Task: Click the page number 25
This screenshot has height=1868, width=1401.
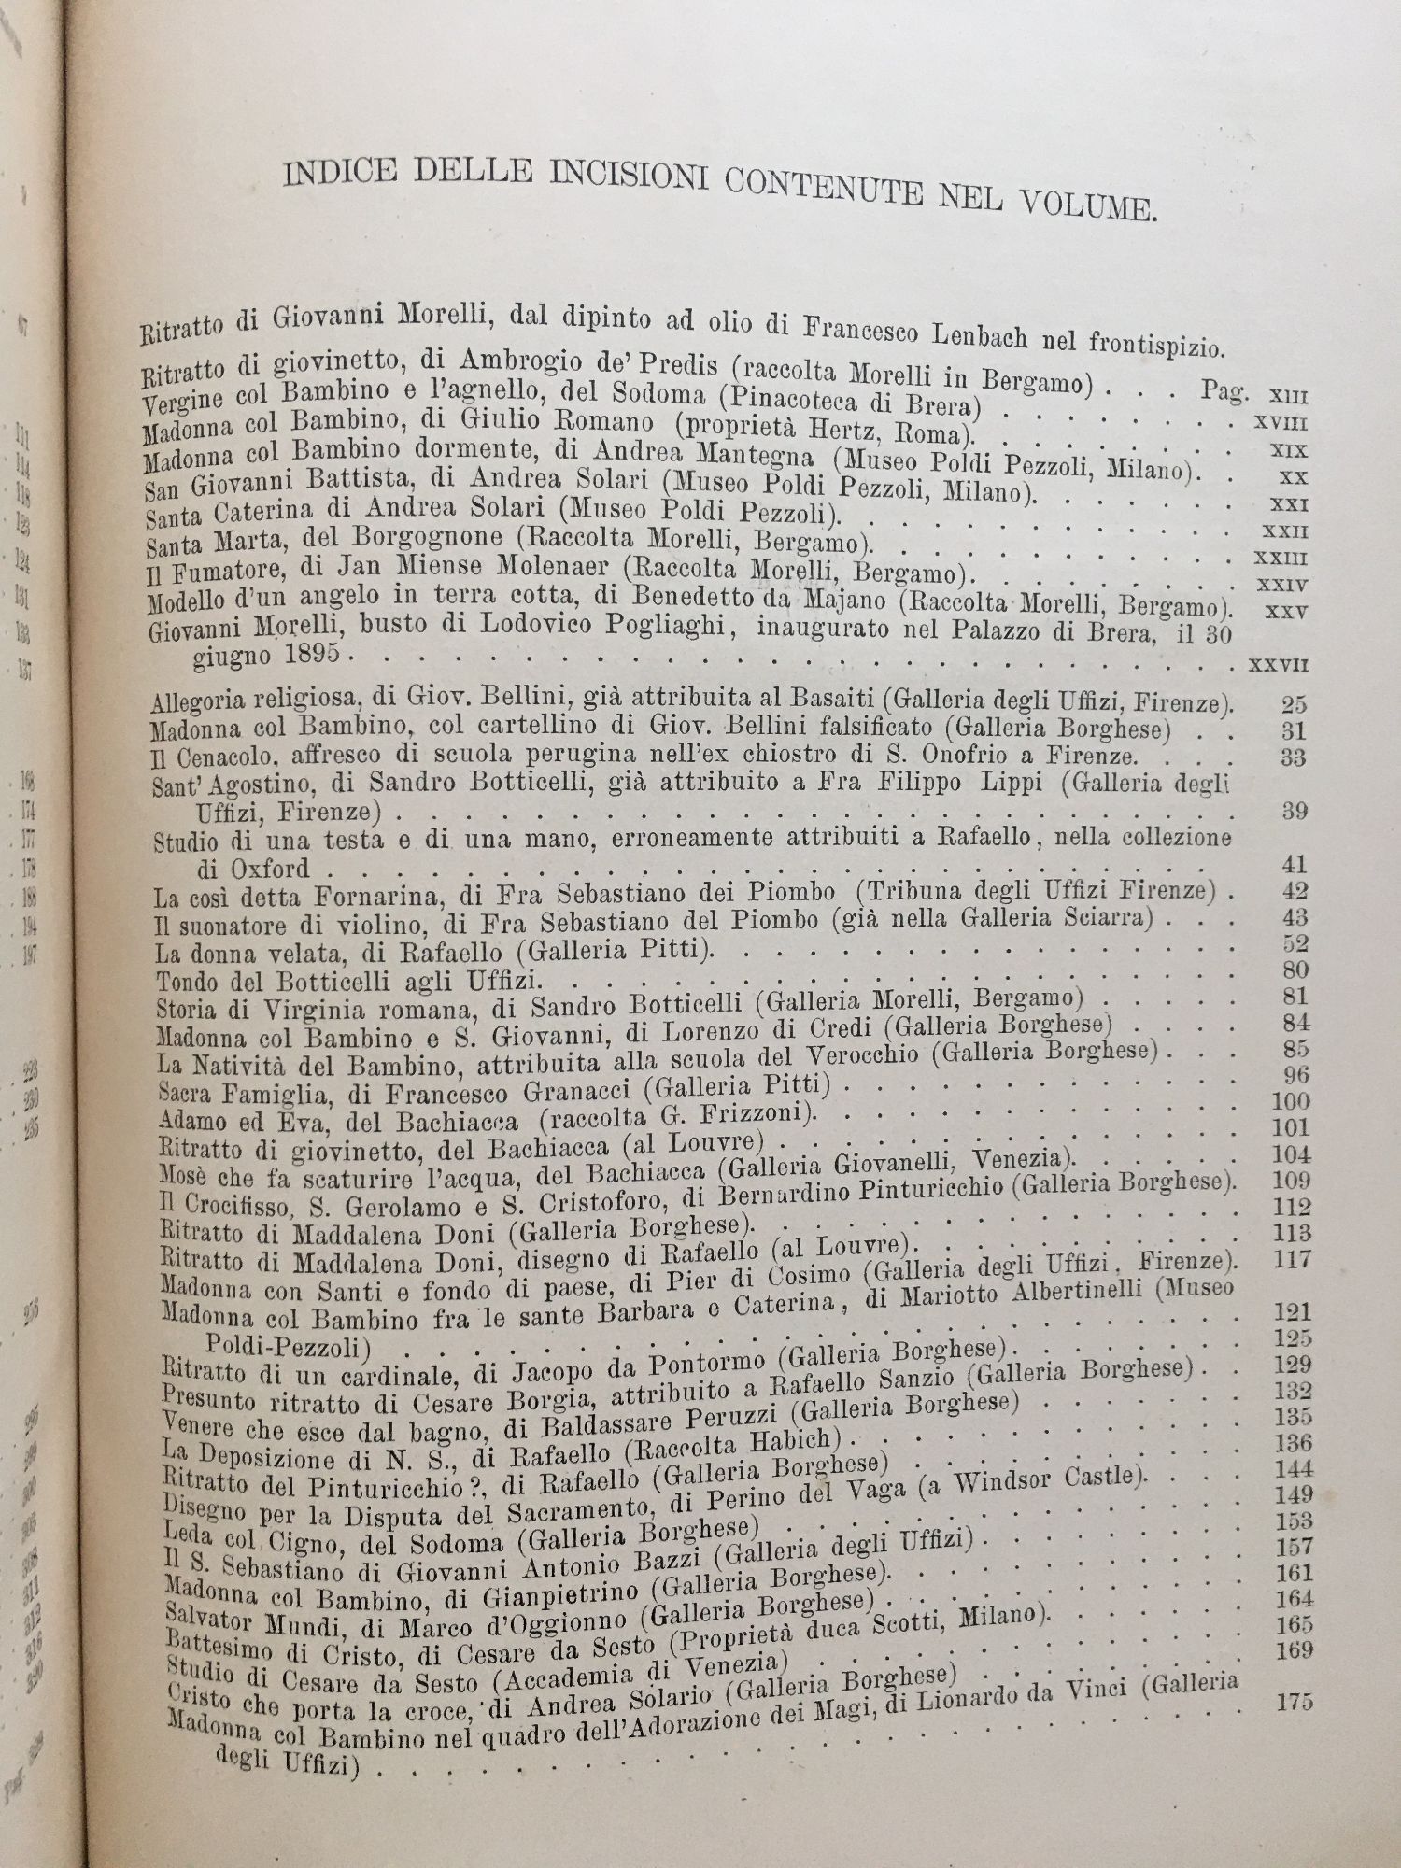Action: click(x=1295, y=704)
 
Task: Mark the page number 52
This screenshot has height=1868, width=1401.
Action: click(x=1295, y=942)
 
